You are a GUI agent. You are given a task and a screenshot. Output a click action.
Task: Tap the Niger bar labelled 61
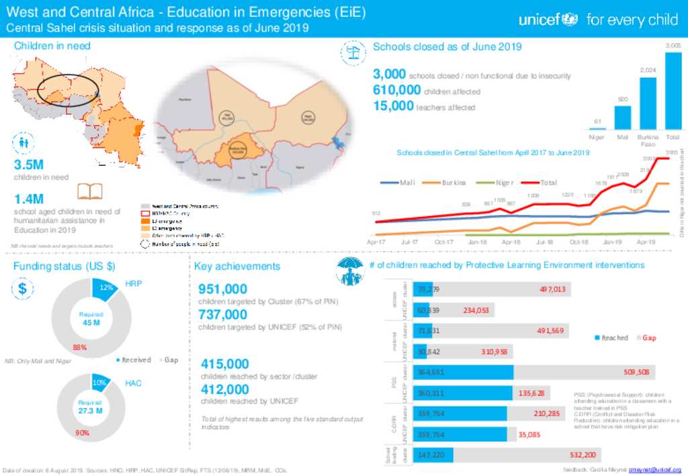pos(597,127)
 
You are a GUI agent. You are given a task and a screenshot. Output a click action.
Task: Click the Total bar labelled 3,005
pos(673,90)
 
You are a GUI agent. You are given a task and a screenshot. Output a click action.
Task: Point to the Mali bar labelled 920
pos(623,117)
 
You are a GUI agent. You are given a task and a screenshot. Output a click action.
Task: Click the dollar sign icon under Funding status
pos(22,289)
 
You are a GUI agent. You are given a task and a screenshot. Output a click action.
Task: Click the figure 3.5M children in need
pos(29,165)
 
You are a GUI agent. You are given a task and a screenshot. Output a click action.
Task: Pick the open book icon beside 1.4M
pos(88,193)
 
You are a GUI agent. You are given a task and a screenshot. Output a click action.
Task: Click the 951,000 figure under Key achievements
pos(223,289)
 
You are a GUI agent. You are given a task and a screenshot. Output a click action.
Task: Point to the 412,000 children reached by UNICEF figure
pos(225,389)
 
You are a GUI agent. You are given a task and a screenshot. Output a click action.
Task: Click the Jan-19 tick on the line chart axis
pos(612,242)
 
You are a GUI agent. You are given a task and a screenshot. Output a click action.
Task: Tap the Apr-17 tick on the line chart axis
pos(376,242)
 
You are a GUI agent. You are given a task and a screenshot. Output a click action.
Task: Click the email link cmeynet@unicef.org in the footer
pos(654,469)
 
